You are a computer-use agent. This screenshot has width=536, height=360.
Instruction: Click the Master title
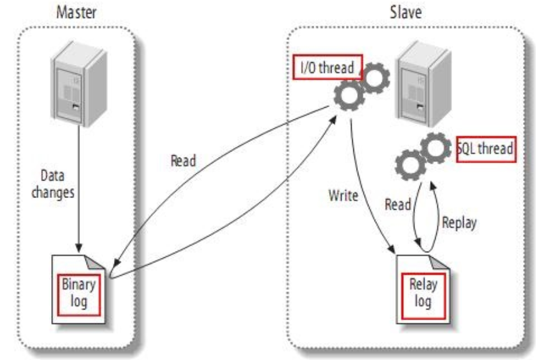[76, 12]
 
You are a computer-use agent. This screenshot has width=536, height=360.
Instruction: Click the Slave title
[406, 12]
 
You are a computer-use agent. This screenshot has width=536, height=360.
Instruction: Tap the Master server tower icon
[79, 83]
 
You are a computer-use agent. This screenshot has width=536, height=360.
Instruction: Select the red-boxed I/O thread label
[327, 67]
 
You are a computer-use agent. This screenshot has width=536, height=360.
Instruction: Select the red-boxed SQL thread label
[486, 149]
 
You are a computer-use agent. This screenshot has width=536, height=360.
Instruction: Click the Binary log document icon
[79, 289]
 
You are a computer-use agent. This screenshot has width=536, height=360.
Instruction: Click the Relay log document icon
[423, 289]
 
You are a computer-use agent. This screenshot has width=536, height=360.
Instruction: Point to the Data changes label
[53, 184]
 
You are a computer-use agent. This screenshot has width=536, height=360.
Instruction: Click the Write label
[343, 196]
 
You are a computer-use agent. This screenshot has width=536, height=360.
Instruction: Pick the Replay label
[459, 223]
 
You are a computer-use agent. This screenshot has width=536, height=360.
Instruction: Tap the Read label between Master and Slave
[183, 161]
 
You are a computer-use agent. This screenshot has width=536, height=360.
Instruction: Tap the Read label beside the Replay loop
[398, 204]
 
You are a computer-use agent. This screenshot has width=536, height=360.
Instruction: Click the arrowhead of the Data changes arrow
[79, 248]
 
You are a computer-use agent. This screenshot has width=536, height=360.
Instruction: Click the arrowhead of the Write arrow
[392, 249]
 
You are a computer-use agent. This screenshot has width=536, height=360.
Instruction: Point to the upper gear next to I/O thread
[375, 78]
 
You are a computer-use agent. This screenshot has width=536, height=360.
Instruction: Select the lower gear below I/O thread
[349, 95]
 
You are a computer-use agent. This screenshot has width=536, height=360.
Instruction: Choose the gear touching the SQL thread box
[436, 148]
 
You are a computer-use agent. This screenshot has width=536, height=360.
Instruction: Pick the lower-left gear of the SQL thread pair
[411, 165]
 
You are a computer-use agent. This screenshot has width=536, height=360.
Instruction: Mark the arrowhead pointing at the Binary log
[117, 262]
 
